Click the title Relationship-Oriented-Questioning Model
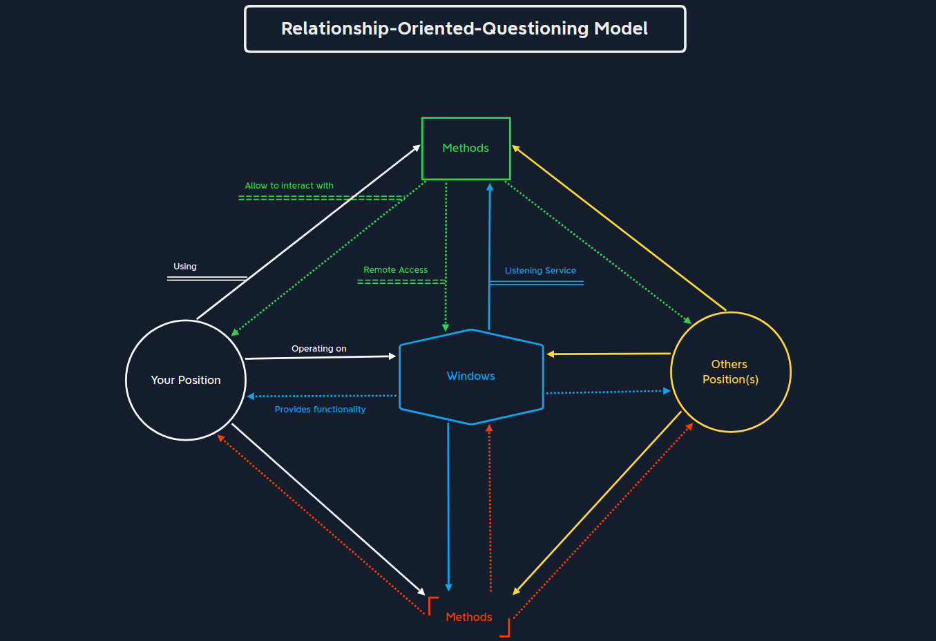pos(464,29)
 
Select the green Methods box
pos(466,149)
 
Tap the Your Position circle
pos(186,380)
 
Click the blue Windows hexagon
pos(471,376)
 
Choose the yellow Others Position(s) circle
pos(730,372)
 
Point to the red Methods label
pos(469,617)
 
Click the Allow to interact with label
pos(289,186)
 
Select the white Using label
pos(185,267)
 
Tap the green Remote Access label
pos(395,270)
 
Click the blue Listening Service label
pos(540,271)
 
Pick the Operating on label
pos(319,349)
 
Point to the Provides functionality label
pos(320,410)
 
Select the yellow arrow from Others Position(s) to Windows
pos(608,354)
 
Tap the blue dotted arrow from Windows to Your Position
pos(322,396)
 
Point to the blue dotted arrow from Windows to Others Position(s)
pos(608,392)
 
